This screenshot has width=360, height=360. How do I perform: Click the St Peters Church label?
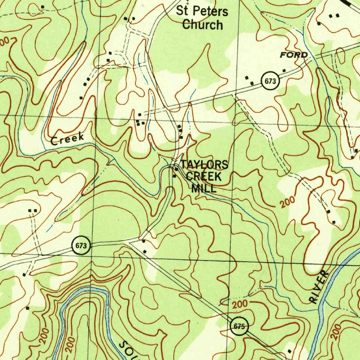(202, 18)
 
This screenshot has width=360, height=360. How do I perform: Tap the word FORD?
(294, 55)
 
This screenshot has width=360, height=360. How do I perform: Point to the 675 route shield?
(239, 327)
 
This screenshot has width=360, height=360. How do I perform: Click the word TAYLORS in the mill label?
(204, 165)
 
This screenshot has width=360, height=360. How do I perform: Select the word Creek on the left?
(67, 139)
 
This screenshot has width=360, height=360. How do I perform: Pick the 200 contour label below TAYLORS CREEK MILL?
(288, 202)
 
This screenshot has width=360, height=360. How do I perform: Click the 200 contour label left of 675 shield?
(240, 303)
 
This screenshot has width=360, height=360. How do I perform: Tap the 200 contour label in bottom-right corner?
(336, 333)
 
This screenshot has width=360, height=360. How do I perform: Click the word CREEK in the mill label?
(204, 176)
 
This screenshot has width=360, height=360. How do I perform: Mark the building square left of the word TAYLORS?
(176, 169)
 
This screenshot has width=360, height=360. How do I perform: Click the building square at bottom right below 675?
(289, 351)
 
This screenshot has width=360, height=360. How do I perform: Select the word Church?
(203, 25)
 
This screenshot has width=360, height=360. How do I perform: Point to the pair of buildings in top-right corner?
(334, 15)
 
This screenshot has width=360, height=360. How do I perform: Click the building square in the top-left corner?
(43, 7)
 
